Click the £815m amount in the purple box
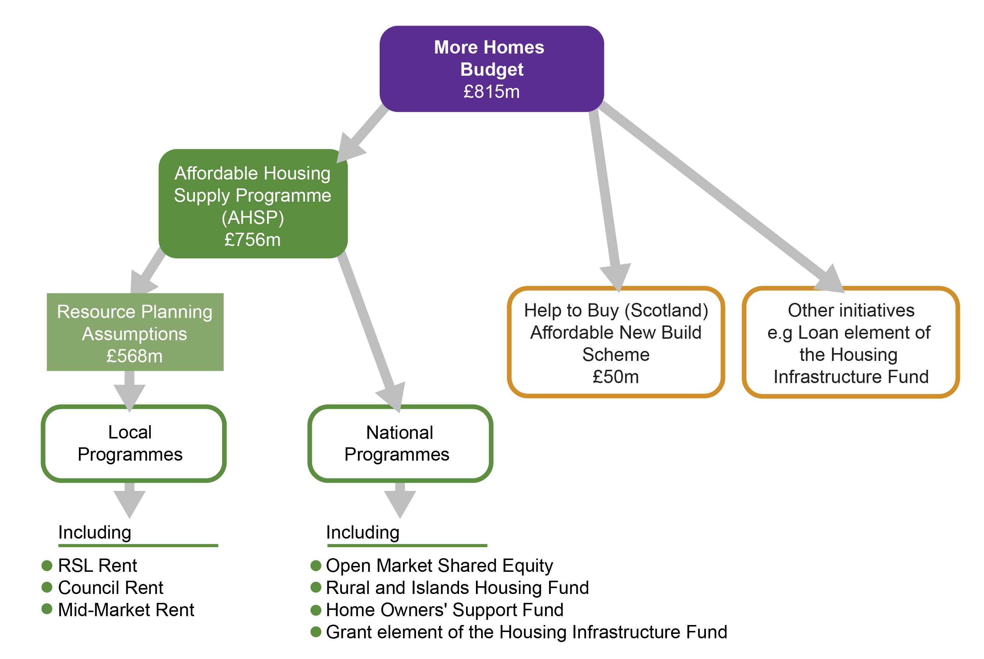point(491,92)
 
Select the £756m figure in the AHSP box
point(252,240)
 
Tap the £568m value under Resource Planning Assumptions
point(134,356)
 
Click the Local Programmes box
point(134,444)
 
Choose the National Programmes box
point(400,444)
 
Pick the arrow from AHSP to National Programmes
point(369,328)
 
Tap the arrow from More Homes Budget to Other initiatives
point(714,189)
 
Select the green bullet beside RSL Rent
point(47,565)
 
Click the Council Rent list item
point(110,588)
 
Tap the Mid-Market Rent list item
point(126,610)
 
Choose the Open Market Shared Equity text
point(439,566)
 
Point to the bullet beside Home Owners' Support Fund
point(316,610)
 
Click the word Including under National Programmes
point(363,533)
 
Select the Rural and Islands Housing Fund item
point(457,588)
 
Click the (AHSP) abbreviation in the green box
point(253,218)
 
